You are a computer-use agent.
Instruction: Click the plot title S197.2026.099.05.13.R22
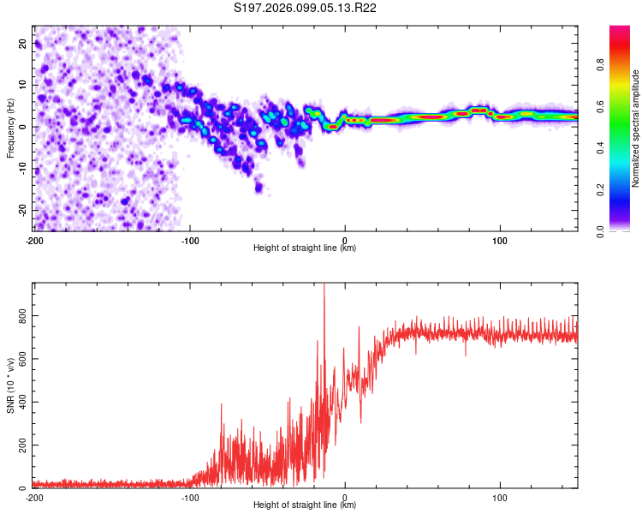pyautogui.click(x=306, y=8)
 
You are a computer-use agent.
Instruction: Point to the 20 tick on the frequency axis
pyautogui.click(x=22, y=43)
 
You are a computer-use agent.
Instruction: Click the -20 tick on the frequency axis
pyautogui.click(x=20, y=210)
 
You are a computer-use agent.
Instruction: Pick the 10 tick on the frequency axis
pyautogui.click(x=22, y=85)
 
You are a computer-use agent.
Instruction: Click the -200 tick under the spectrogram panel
pyautogui.click(x=33, y=241)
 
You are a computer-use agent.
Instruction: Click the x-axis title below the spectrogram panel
pyautogui.click(x=305, y=248)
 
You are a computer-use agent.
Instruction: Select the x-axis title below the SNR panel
pyautogui.click(x=305, y=505)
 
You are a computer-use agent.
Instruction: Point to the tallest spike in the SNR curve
pyautogui.click(x=324, y=285)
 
